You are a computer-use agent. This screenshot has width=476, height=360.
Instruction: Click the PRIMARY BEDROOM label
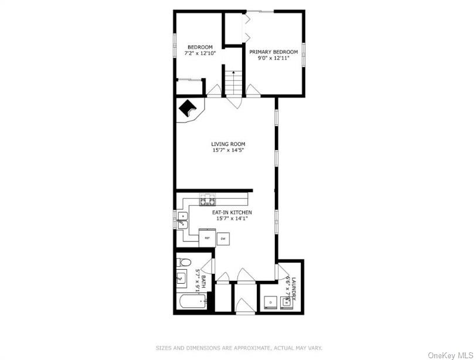point(273,52)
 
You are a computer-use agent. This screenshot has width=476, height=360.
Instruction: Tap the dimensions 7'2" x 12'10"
point(200,53)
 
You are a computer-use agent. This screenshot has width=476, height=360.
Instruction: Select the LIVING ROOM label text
point(228,144)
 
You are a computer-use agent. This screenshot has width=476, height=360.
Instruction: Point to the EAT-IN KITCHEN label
point(232,212)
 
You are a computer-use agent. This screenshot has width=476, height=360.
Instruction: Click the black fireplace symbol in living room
point(187,108)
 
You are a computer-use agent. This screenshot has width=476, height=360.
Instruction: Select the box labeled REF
point(207,238)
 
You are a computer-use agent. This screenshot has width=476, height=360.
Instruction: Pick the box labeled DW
point(223,239)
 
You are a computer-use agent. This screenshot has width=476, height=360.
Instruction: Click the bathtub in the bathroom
point(191,303)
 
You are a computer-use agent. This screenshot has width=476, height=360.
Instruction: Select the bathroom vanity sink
point(182,278)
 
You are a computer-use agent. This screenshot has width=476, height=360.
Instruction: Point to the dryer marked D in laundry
point(270,301)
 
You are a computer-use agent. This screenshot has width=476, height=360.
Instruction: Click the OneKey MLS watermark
point(450,355)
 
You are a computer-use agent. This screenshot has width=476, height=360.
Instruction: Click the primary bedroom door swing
point(253,90)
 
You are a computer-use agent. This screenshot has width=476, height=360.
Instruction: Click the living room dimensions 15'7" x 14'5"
point(228,150)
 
